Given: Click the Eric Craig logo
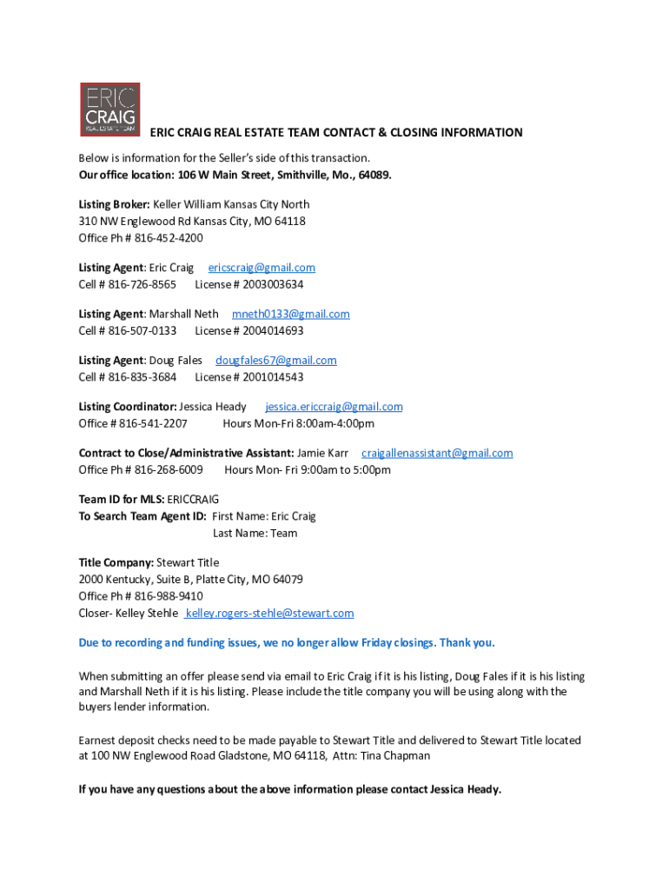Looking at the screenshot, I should point(109,110).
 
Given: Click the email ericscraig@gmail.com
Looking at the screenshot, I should point(262,268).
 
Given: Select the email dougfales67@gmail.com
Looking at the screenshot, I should point(275,360).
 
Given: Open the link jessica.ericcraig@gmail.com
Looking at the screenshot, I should point(334,406).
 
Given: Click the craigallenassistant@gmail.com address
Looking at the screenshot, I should point(437,453).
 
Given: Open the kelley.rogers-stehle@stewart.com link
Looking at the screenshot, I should point(269,613).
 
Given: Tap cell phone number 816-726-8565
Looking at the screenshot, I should point(142,284).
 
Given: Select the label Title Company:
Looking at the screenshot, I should point(116,562).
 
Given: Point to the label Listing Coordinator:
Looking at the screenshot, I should point(128,406).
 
